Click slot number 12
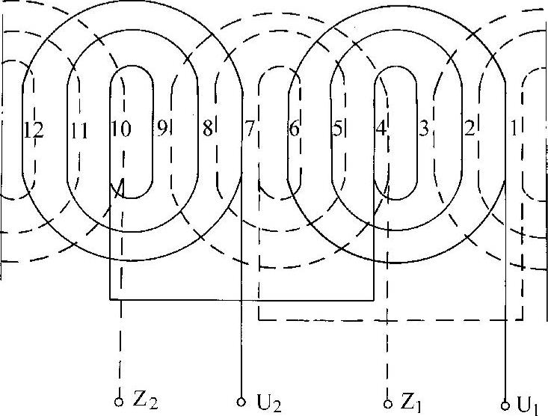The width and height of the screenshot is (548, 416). tap(34, 130)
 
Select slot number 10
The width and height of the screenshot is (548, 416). tap(121, 130)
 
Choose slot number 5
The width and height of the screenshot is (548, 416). tap(338, 129)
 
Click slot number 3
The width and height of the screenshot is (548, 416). tap(424, 129)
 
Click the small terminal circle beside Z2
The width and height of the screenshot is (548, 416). tap(120, 401)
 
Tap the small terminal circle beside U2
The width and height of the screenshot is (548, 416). tap(241, 400)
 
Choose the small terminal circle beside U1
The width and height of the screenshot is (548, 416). tap(505, 403)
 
